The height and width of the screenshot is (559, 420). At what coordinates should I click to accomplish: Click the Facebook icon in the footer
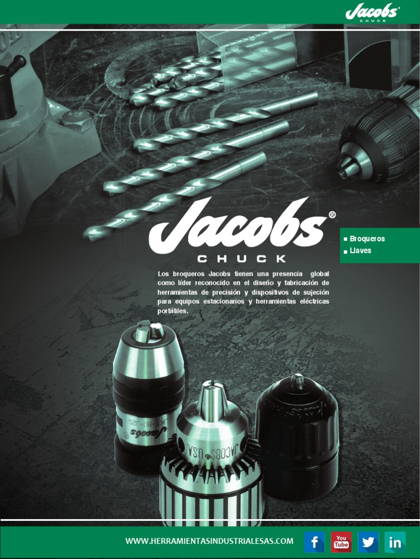click(x=314, y=542)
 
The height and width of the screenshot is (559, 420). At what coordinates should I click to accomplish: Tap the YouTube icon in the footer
click(x=341, y=542)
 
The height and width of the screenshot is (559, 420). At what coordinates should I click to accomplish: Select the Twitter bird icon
click(x=368, y=542)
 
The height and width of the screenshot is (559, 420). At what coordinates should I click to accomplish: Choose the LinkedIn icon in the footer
click(x=395, y=542)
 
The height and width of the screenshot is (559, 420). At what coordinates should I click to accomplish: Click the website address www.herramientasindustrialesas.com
click(x=209, y=541)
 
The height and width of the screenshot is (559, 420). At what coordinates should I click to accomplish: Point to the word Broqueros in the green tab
click(x=367, y=239)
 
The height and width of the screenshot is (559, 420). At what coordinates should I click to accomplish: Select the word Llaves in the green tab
click(x=360, y=251)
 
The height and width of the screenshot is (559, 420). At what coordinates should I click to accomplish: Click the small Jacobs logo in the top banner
click(x=372, y=13)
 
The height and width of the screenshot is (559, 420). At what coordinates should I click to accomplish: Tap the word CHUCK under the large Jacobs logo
click(x=242, y=259)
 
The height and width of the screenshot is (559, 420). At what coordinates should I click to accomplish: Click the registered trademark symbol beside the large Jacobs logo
click(x=332, y=215)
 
